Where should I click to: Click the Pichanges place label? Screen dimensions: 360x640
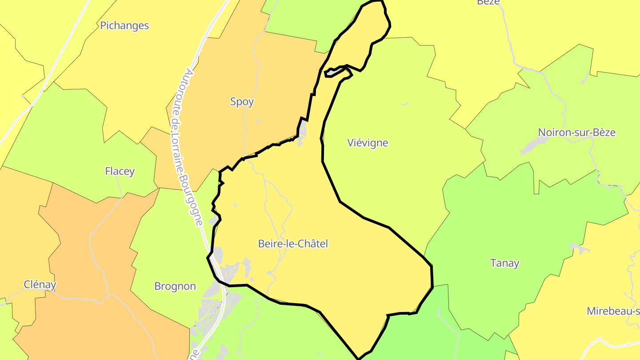(124, 25)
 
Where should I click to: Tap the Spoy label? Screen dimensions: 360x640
(242, 102)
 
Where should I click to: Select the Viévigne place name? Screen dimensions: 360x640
(368, 143)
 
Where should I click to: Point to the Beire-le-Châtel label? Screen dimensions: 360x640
(293, 244)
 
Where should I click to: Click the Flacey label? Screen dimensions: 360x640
(120, 171)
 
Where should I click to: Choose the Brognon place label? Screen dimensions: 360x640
(175, 286)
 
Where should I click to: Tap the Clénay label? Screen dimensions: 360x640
(40, 284)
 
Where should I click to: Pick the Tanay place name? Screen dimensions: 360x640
(504, 263)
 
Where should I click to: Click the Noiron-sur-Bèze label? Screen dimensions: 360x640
(577, 132)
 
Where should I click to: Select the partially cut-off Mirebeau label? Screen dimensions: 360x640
(613, 311)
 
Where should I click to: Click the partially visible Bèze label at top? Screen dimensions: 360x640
(488, 2)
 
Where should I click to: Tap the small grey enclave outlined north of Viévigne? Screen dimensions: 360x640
(334, 72)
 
